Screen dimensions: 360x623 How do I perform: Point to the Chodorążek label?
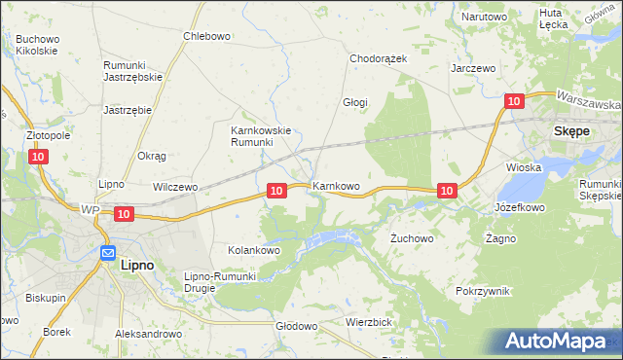point(379,58)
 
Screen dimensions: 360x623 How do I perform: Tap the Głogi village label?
point(354,101)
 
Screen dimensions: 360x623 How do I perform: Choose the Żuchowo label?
point(411,237)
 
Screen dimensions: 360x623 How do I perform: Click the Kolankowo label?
point(254,250)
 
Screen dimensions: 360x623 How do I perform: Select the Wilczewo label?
point(175,186)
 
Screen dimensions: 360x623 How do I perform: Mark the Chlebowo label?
point(206,37)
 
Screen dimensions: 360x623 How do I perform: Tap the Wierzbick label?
point(368,321)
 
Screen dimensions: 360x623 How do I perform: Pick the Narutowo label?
point(485,17)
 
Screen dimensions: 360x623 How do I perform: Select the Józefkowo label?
point(520,207)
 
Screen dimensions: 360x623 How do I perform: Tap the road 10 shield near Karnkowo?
point(276,192)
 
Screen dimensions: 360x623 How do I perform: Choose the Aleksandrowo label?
point(149,333)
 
